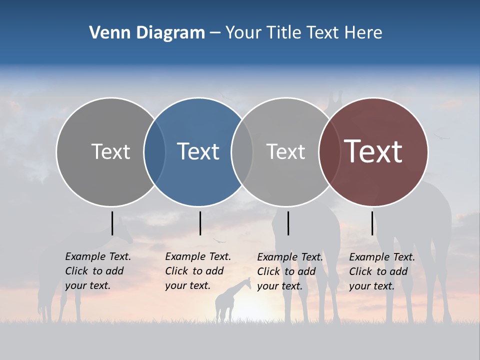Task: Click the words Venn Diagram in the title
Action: click(146, 33)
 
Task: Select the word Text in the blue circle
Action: click(198, 151)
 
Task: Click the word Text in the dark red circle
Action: click(373, 151)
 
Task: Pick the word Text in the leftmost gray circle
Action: click(110, 151)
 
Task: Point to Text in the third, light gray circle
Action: click(285, 151)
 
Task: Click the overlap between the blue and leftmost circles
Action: click(154, 151)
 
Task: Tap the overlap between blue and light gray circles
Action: click(242, 151)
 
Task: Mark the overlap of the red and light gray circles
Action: click(329, 151)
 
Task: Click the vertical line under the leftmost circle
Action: click(112, 223)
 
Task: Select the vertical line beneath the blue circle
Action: click(200, 223)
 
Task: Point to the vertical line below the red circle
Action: click(372, 223)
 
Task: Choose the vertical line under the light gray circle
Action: click(288, 223)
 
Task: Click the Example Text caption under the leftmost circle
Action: click(97, 271)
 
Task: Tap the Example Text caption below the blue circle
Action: click(197, 271)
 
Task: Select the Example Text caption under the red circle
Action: click(381, 271)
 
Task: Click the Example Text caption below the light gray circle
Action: click(289, 271)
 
